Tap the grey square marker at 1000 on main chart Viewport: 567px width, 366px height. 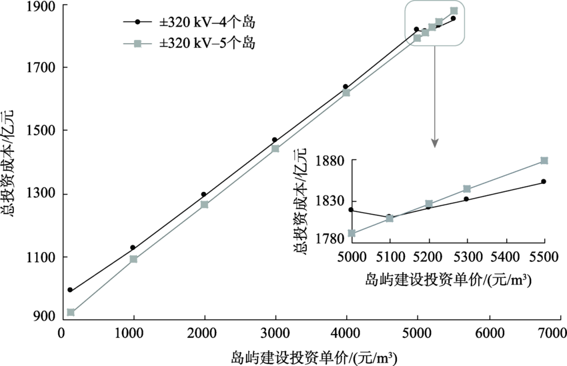pos(133,259)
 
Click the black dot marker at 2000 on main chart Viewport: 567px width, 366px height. pos(203,195)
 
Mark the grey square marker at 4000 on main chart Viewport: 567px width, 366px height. pos(346,93)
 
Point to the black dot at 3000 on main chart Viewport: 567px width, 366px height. pos(274,140)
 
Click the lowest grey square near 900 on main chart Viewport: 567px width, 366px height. pos(71,312)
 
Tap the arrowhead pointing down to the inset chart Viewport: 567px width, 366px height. pos(435,142)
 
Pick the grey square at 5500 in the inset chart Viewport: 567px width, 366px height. pos(544,161)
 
